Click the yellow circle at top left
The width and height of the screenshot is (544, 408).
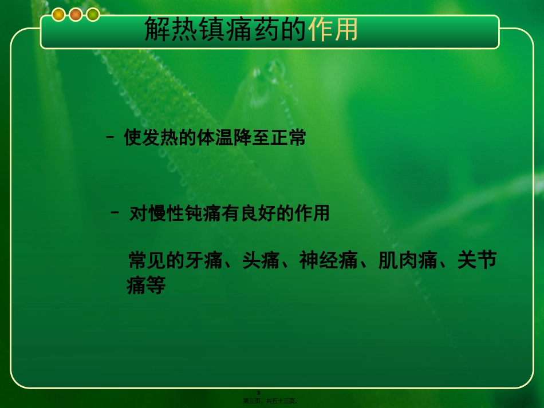coord(59,15)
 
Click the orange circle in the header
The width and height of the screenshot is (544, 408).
coord(76,15)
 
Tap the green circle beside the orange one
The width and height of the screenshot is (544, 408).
coord(93,15)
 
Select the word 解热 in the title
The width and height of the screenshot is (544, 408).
coord(165,29)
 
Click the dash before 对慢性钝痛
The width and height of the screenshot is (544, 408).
coord(115,213)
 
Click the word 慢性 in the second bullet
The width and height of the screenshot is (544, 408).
coord(167,213)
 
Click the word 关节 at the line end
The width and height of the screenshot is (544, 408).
coord(476,261)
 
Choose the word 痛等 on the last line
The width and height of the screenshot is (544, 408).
coord(146,286)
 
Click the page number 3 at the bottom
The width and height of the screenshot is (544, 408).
coord(258,393)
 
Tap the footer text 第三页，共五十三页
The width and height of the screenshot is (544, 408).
coord(270,401)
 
